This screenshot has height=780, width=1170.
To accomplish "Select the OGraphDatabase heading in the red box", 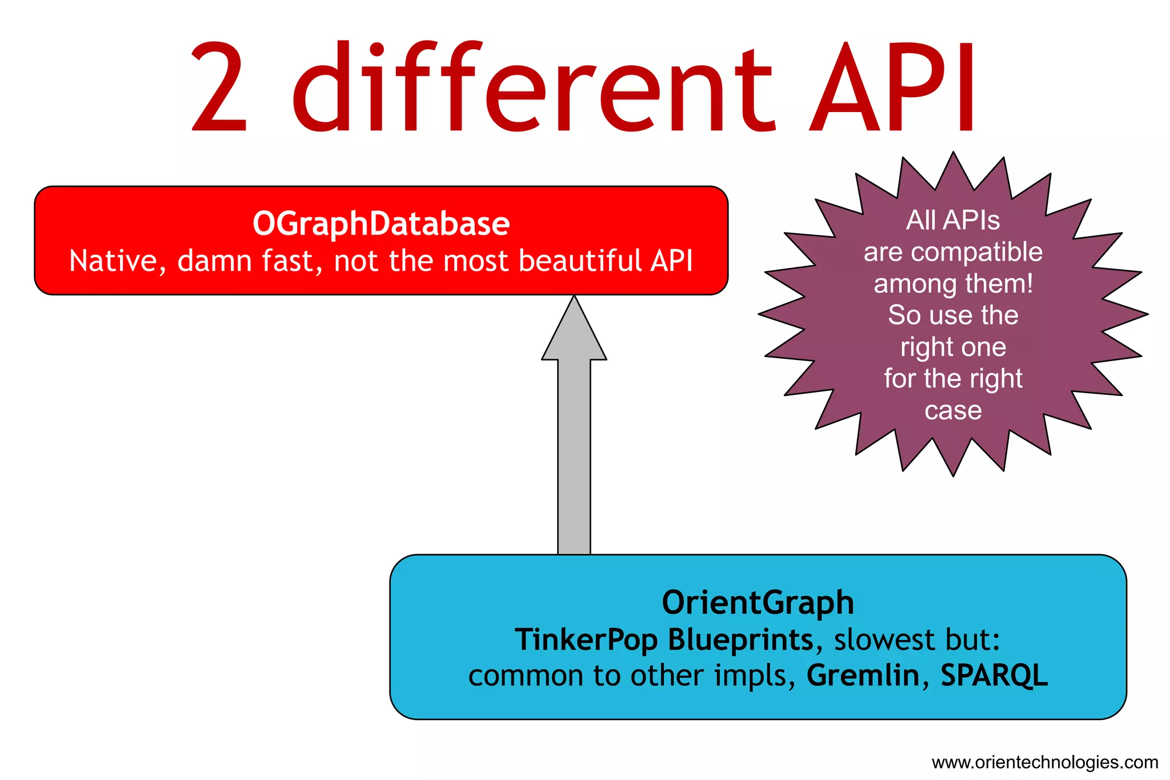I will (381, 223).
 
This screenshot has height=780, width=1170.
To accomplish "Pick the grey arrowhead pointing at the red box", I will (574, 331).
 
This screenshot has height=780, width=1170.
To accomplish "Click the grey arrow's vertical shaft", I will (574, 457).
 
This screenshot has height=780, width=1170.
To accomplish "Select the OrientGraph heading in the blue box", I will (758, 603).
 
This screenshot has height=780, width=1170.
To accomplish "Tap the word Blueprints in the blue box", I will (740, 640).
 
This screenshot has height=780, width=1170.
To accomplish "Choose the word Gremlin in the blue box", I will (863, 675).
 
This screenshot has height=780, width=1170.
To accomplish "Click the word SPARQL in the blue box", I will (994, 675).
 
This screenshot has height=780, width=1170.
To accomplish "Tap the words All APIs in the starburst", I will (953, 221).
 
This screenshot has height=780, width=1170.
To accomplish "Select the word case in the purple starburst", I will (953, 410).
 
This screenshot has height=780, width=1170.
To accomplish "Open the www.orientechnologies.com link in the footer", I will (1045, 762).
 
